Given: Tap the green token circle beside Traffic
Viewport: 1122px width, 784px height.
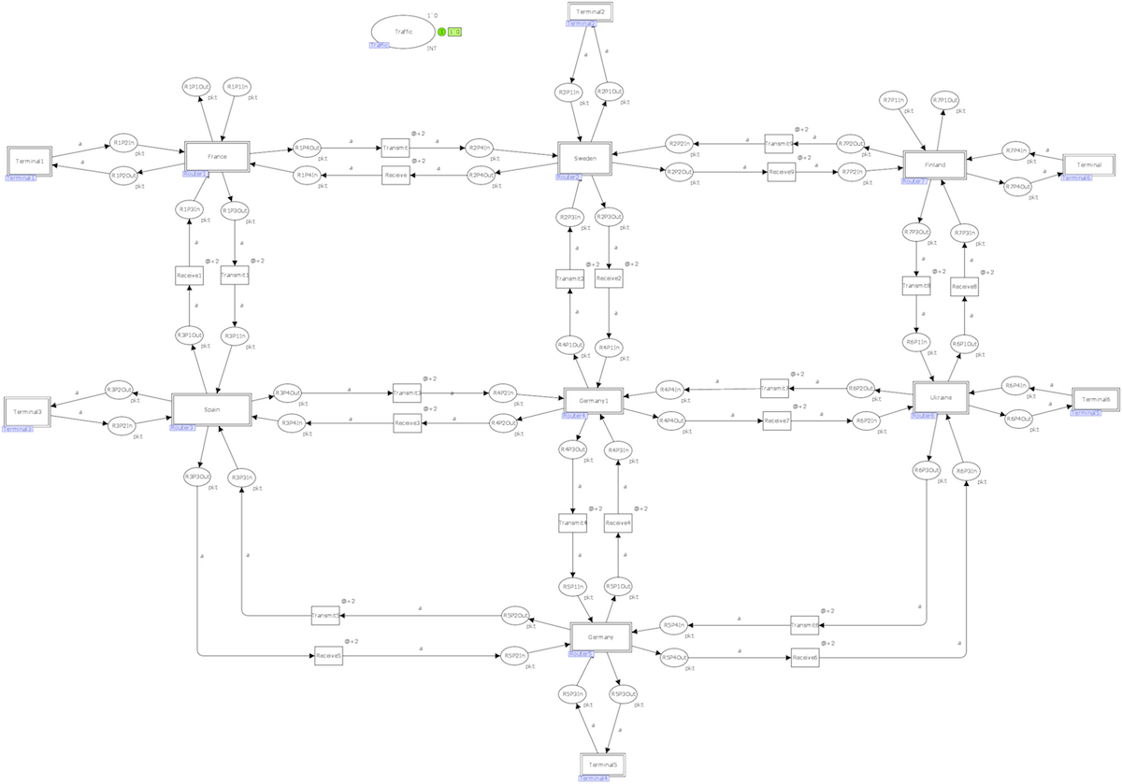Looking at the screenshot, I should pos(441,32).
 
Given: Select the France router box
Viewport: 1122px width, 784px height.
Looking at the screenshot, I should pos(216,156).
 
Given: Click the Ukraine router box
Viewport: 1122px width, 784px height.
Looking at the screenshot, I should pos(941,397).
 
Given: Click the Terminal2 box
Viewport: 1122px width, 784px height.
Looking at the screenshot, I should pos(597,12).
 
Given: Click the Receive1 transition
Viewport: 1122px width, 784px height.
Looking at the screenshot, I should pos(189,276).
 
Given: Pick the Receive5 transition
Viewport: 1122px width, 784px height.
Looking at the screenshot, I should pos(328,656).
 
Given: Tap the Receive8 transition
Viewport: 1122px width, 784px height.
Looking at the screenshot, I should pos(964,287).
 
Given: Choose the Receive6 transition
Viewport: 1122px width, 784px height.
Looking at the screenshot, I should pos(804,658).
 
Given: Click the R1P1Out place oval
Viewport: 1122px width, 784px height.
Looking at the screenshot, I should pos(197,87).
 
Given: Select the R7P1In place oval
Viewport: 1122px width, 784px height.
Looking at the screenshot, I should pos(894,100).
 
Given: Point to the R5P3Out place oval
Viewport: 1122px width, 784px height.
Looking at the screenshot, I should pos(624,694).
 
